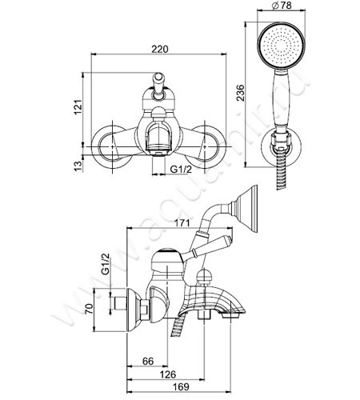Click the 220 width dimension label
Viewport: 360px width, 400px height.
click(x=160, y=50)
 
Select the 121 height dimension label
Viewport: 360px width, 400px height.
click(x=78, y=107)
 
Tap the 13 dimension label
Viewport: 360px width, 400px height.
click(x=78, y=166)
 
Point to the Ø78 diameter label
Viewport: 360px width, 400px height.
click(x=282, y=6)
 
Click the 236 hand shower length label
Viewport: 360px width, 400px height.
click(x=240, y=93)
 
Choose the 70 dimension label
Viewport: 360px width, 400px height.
click(x=90, y=309)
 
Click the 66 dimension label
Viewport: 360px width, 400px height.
click(x=148, y=361)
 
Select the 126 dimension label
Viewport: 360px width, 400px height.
click(x=168, y=374)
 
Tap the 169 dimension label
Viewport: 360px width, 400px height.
click(x=181, y=387)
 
